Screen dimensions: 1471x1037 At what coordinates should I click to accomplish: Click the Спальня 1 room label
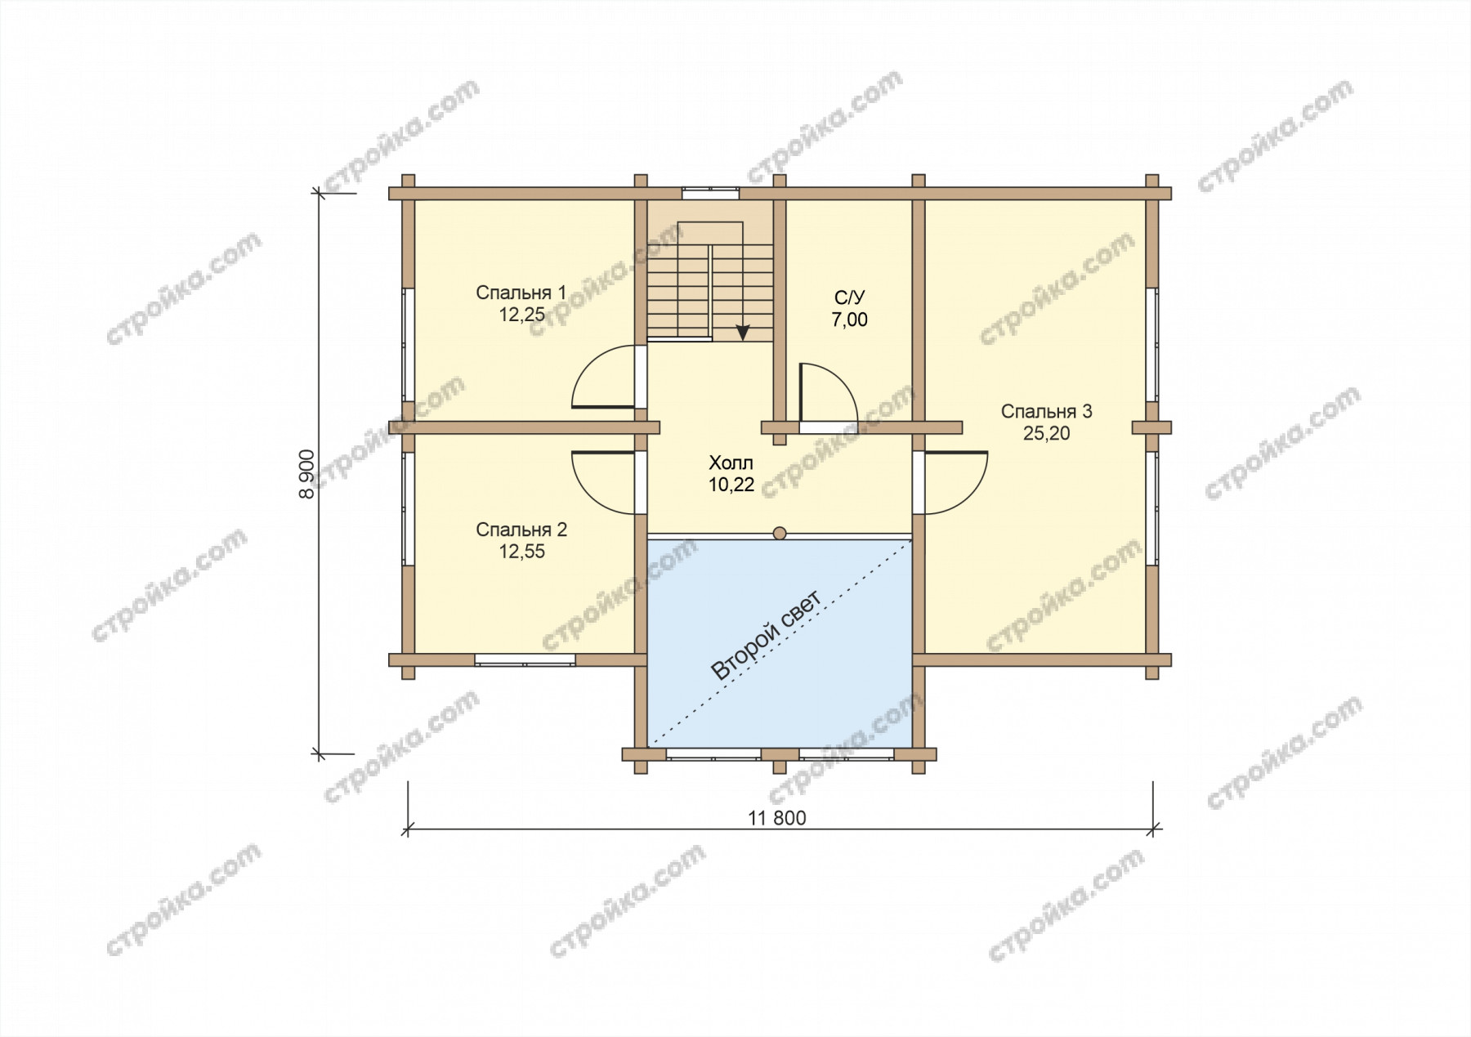[x=521, y=293]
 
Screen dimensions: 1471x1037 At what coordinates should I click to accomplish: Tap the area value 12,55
[x=522, y=552]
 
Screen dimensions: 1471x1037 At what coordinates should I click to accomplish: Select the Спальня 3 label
[x=1046, y=411]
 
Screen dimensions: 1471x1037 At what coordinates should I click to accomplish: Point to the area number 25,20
[x=1046, y=434]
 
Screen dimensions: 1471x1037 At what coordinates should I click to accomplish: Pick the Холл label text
[x=731, y=463]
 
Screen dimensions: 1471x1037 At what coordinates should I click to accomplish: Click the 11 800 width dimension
[x=776, y=818]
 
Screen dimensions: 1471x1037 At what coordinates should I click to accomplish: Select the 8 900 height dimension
[x=307, y=473]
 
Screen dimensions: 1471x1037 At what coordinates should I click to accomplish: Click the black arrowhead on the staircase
[x=743, y=332]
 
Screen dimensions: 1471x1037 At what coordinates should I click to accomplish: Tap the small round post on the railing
[x=780, y=534]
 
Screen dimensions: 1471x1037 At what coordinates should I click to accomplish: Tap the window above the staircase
[x=710, y=194]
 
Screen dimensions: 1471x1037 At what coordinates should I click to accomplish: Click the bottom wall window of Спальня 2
[x=525, y=659]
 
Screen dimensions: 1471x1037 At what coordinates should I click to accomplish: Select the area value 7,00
[x=850, y=320]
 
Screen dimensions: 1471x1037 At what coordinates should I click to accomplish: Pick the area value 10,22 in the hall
[x=731, y=485]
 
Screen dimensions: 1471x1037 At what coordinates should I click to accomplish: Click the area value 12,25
[x=522, y=315]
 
